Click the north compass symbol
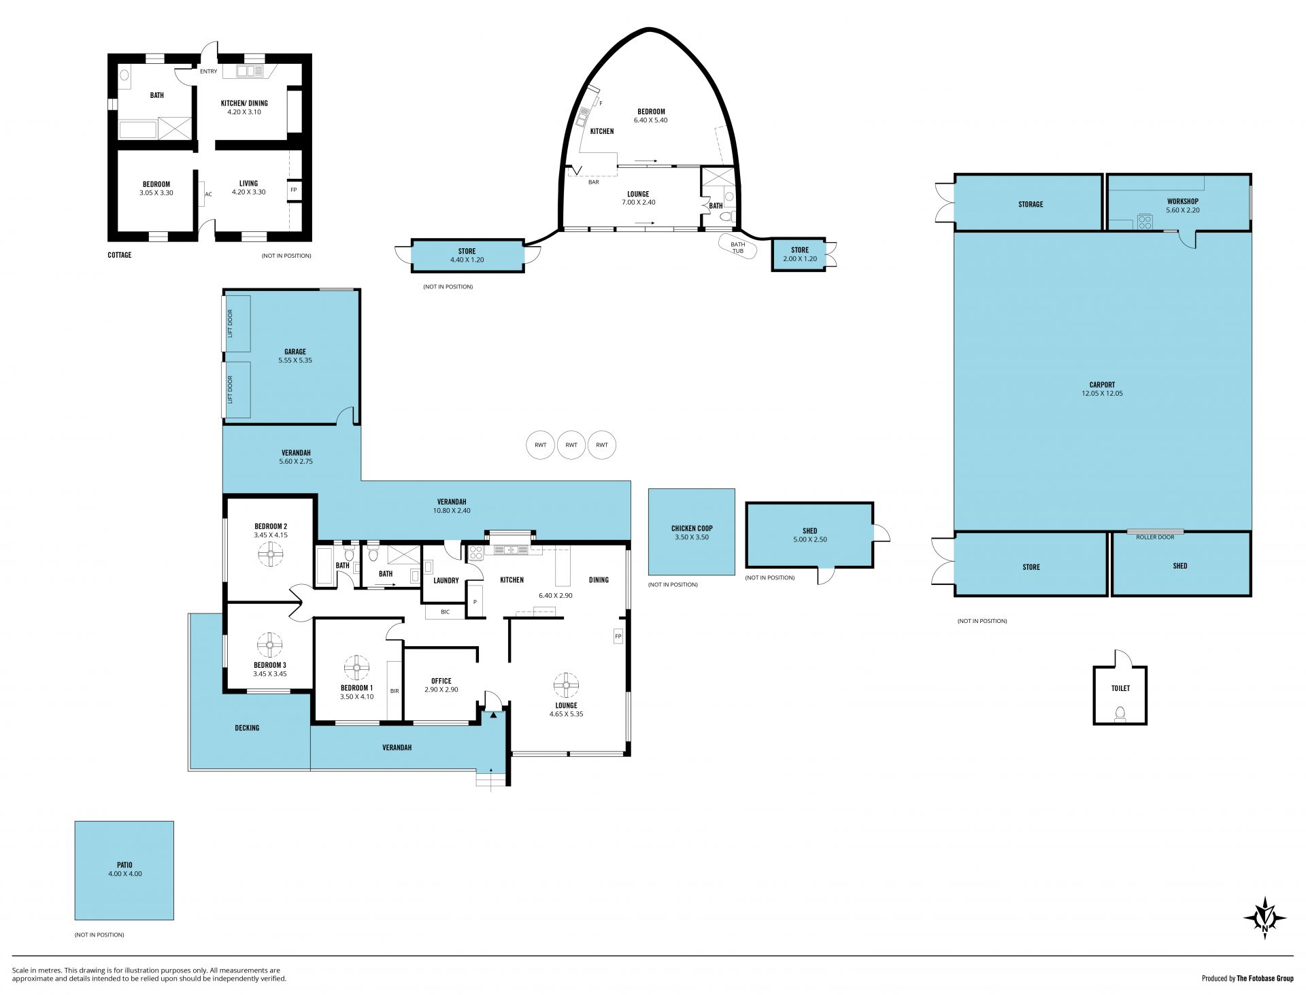coord(1265,918)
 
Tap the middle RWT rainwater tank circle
coord(571,445)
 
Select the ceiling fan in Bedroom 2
coord(271,556)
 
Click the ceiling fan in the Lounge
coord(566,685)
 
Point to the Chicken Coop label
coord(692,528)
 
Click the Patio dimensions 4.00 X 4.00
coord(125,874)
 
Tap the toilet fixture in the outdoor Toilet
coord(1120,713)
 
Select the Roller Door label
coord(1155,537)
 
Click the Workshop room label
coord(1182,201)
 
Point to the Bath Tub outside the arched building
coord(737,246)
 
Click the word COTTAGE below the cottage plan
coord(120,255)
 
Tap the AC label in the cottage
coord(209,195)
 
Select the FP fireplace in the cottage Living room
coord(294,190)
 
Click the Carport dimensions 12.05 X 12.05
coord(1102,393)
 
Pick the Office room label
coord(441,681)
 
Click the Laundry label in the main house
coord(446,581)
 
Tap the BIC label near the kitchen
coord(446,612)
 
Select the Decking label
coord(247,728)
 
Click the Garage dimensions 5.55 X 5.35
coord(295,360)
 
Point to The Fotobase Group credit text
coord(1265,979)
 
